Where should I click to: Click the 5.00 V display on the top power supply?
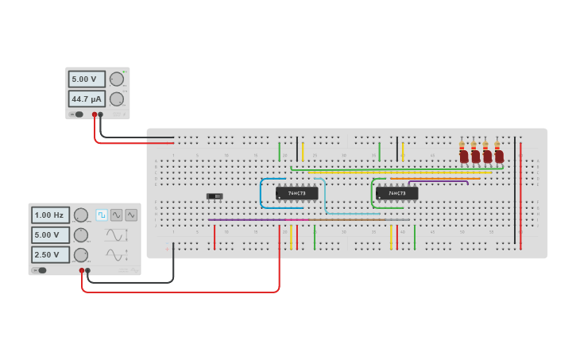(x=86, y=79)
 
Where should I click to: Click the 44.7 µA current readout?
(x=86, y=99)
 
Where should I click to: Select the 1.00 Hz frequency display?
(x=50, y=215)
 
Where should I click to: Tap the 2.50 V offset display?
(x=50, y=255)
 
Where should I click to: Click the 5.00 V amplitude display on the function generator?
(x=50, y=235)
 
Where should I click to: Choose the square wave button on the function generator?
(x=102, y=215)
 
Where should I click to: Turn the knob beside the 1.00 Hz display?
(x=81, y=215)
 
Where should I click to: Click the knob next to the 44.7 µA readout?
(x=117, y=99)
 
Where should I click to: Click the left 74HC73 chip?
(x=296, y=193)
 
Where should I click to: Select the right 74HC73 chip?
(x=396, y=193)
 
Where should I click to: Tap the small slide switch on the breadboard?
(x=215, y=195)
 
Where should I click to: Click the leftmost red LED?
(x=464, y=157)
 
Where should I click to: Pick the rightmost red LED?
(x=499, y=157)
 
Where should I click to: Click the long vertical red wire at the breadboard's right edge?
(x=520, y=195)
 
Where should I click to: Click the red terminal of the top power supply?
(x=95, y=114)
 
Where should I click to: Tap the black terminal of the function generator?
(x=87, y=270)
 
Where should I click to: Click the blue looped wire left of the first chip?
(x=261, y=193)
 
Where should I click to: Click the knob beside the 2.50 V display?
(x=81, y=255)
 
